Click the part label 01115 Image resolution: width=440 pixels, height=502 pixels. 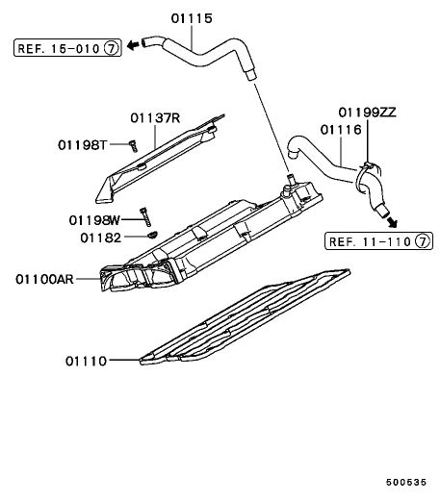coord(192,18)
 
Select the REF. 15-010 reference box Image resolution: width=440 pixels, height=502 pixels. coord(67,48)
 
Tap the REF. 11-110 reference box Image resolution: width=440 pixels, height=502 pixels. coord(378,240)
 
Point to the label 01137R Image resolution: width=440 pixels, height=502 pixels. coord(155,118)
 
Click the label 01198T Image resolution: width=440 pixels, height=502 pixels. coord(82,145)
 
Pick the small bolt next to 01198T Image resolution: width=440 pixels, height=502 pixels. coord(133,146)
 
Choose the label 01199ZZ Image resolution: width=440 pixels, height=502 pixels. coord(368,113)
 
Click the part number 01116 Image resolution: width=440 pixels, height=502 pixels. coord(341,130)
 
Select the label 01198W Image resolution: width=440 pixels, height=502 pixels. coord(94,220)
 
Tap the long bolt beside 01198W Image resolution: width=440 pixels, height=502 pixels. coord(145,217)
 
